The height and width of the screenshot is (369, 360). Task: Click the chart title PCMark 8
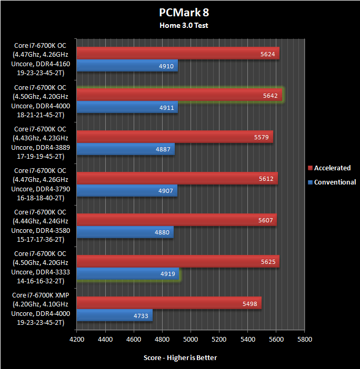click(x=180, y=12)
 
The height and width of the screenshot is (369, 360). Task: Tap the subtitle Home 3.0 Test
click(x=180, y=24)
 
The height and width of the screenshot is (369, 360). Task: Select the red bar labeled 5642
click(x=179, y=95)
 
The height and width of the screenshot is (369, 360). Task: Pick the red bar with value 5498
click(x=169, y=303)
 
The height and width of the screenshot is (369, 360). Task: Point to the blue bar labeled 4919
click(x=128, y=274)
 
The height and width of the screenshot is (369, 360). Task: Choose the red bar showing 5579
click(x=175, y=137)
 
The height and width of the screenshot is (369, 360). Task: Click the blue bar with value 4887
click(x=125, y=149)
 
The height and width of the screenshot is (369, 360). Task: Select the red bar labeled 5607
click(x=176, y=220)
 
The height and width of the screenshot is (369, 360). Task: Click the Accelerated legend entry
click(x=332, y=168)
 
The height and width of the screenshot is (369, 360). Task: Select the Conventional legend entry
click(x=335, y=182)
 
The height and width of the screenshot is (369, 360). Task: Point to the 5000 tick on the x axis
click(x=191, y=339)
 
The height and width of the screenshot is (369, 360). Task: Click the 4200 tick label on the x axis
click(x=77, y=339)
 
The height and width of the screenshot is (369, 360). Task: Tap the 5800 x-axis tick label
click(x=304, y=339)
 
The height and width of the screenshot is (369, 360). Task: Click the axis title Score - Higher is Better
click(x=180, y=357)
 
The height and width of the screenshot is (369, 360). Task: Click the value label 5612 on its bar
click(x=266, y=178)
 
